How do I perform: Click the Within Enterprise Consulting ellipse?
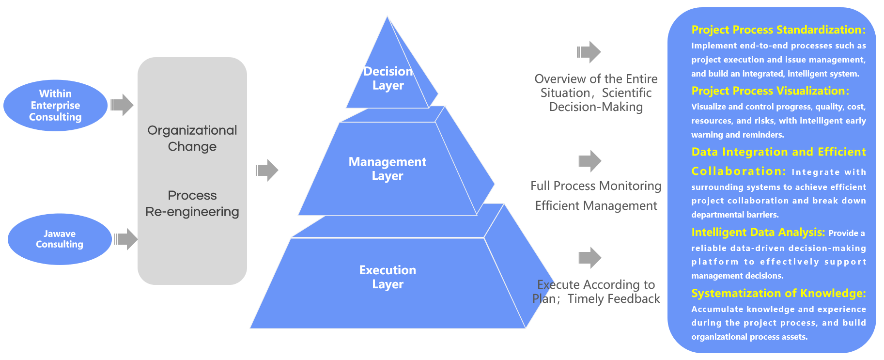coord(55,105)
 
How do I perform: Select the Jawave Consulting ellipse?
coord(60,239)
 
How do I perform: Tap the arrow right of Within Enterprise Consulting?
coord(122,105)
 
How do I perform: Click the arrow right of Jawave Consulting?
coord(126,239)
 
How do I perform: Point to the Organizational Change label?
coord(192,138)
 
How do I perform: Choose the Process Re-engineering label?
coord(192,203)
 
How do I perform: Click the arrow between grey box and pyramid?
coord(266,170)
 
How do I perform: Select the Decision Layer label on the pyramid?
coord(388,78)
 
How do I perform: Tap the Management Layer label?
coord(388,169)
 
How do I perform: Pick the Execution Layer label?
coord(388,277)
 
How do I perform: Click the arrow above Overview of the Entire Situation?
coord(589,52)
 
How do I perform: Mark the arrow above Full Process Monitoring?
coord(589,161)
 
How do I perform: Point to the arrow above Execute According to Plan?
coord(589,258)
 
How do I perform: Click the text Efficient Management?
coord(596,206)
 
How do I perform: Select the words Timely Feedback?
coord(614,299)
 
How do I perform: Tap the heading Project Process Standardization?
coord(778,30)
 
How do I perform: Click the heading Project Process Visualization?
coord(770,91)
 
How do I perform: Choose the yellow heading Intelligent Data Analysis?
coord(758,233)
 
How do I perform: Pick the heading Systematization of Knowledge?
coord(778,294)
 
